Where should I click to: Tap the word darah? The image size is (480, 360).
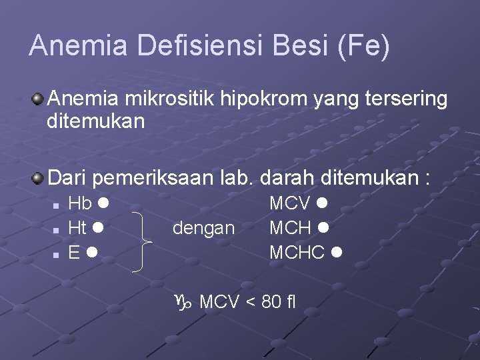tap(286, 178)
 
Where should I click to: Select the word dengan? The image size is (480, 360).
tap(203, 229)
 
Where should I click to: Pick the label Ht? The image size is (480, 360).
tap(78, 228)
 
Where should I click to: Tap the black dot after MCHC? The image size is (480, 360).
tap(337, 253)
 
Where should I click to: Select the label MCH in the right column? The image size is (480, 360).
tap(290, 228)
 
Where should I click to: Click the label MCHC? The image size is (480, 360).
tap(297, 253)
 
